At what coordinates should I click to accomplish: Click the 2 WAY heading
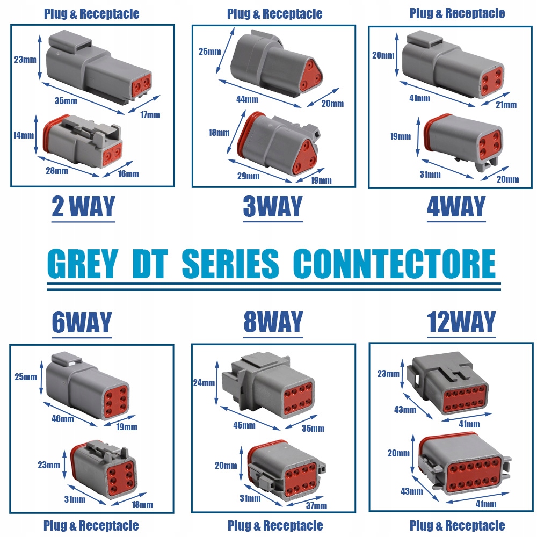point(83,207)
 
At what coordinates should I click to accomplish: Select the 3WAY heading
point(273,207)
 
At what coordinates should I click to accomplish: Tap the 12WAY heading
point(461,322)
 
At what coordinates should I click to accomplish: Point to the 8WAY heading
point(273,322)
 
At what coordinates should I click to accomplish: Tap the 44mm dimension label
point(247,99)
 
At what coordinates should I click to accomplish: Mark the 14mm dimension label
point(24,135)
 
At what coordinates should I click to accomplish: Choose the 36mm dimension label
point(313,428)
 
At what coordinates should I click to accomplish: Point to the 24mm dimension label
point(205,383)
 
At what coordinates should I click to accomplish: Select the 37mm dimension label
point(316,505)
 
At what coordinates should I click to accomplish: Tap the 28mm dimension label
point(57,171)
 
